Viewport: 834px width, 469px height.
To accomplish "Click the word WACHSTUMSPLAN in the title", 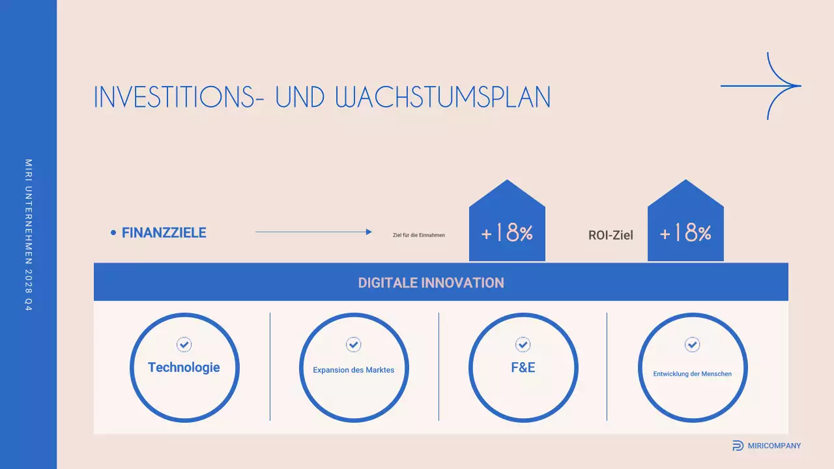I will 443,96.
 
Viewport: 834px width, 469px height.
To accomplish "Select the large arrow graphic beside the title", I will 761,85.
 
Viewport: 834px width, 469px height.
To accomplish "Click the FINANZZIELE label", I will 164,233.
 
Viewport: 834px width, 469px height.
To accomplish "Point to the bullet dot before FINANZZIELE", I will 113,233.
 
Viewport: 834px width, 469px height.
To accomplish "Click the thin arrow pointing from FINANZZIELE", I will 313,232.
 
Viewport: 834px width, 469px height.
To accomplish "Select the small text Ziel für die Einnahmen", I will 419,235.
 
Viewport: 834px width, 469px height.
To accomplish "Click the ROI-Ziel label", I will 611,235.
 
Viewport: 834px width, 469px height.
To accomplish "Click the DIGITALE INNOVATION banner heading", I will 431,283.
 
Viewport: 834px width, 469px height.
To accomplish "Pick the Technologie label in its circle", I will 184,367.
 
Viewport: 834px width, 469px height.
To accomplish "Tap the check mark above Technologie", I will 184,345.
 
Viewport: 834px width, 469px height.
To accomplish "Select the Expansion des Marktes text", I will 353,370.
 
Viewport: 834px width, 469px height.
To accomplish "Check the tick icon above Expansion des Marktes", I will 353,344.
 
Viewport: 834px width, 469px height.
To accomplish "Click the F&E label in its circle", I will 523,367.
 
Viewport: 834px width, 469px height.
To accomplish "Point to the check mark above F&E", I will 523,344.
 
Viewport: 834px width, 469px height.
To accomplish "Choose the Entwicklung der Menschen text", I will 692,374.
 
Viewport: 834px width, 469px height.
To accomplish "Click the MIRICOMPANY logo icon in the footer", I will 738,446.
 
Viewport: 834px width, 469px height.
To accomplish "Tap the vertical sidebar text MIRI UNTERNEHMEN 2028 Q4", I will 28,234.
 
